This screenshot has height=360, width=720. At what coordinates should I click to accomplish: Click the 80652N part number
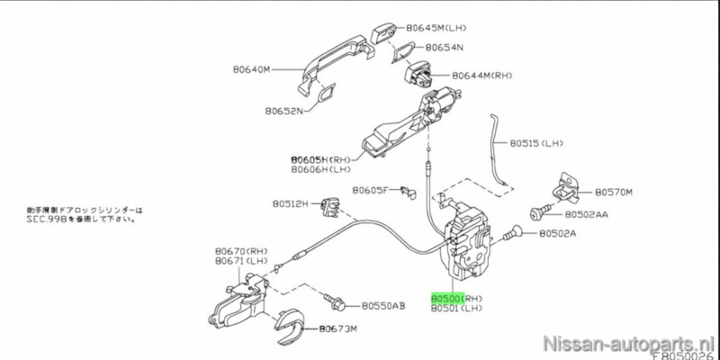(x=284, y=112)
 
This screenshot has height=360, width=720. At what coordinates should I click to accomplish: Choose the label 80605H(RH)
(x=320, y=156)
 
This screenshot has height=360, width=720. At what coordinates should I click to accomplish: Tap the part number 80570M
(x=616, y=192)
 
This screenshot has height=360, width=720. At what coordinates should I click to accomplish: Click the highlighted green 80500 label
(x=446, y=296)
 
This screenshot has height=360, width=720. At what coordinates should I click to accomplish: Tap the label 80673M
(x=338, y=329)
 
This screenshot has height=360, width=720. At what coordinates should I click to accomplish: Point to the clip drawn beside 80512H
(x=329, y=206)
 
